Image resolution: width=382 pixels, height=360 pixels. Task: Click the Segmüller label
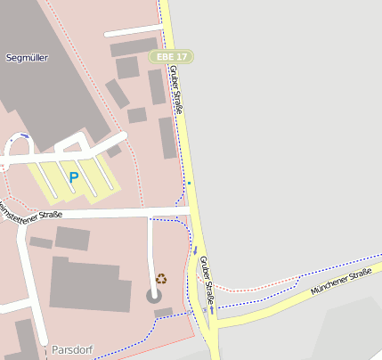(27, 57)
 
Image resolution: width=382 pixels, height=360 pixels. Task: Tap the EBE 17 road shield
(172, 56)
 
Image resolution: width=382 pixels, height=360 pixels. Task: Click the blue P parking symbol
(74, 177)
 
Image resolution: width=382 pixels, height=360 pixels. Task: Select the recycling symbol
(161, 278)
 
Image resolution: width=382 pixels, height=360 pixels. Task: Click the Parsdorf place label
(72, 348)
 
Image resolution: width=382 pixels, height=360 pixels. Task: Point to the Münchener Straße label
(340, 284)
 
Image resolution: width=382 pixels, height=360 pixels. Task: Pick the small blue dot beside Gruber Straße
(189, 183)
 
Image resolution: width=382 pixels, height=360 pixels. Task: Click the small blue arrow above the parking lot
(24, 135)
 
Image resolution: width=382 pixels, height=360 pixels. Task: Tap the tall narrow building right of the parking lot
(167, 138)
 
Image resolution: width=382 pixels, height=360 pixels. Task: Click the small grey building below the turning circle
(163, 312)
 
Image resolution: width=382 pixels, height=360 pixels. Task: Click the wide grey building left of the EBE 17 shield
(134, 46)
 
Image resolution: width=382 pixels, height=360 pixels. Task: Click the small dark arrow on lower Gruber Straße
(195, 252)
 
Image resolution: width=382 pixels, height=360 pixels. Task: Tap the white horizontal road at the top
(134, 32)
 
